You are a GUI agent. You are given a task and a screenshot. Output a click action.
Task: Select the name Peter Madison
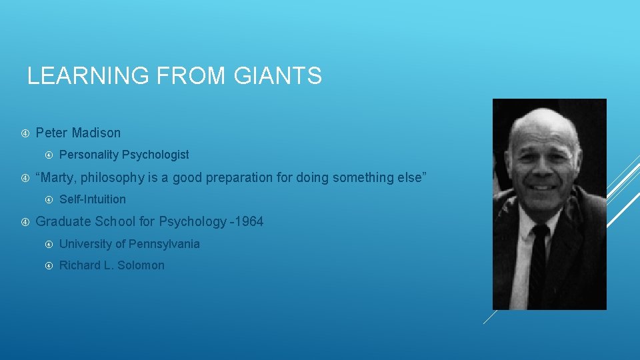tap(78, 133)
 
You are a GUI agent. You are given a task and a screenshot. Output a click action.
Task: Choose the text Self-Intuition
tap(92, 199)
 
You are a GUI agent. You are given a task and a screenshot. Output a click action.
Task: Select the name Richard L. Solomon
tap(111, 265)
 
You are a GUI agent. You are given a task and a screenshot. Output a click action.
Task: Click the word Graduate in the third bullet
tap(63, 221)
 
